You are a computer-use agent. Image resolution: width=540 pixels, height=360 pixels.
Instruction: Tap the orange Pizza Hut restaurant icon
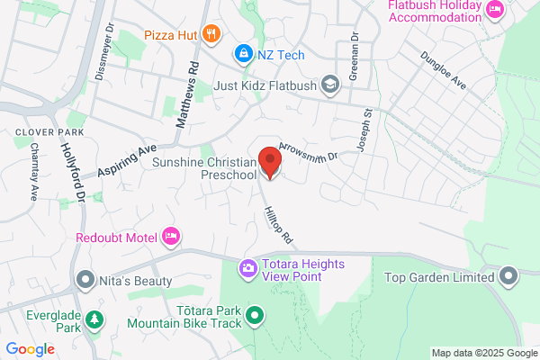(x=211, y=34)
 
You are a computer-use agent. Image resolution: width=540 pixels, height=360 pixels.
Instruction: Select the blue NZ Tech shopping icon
(x=242, y=55)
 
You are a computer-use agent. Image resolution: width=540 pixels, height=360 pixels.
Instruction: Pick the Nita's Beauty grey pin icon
(x=85, y=279)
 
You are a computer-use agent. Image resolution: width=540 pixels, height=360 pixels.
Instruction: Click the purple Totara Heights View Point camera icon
(x=247, y=268)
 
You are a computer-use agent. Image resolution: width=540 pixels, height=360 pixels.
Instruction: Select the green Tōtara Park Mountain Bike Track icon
(x=255, y=316)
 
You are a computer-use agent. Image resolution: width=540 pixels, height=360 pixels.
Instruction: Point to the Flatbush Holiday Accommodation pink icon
(x=494, y=9)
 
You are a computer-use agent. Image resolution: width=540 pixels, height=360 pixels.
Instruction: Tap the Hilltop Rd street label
(x=278, y=225)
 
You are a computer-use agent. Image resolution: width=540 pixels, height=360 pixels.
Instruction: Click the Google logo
(x=30, y=349)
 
